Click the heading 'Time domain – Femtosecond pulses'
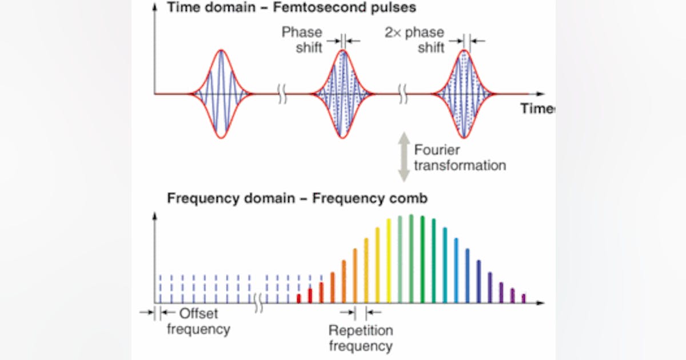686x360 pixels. tap(292, 8)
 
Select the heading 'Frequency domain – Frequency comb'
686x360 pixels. tap(297, 198)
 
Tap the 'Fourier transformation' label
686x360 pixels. tap(460, 158)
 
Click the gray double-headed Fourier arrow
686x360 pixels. tap(404, 157)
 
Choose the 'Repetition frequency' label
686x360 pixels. tap(361, 338)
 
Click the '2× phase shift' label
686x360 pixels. tap(416, 40)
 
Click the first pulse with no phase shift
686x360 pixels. tap(221, 93)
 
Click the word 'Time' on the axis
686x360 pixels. tap(536, 109)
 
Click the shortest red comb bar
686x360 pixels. tap(298, 298)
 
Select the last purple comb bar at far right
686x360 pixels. tap(523, 298)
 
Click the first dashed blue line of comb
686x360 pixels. tap(161, 289)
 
